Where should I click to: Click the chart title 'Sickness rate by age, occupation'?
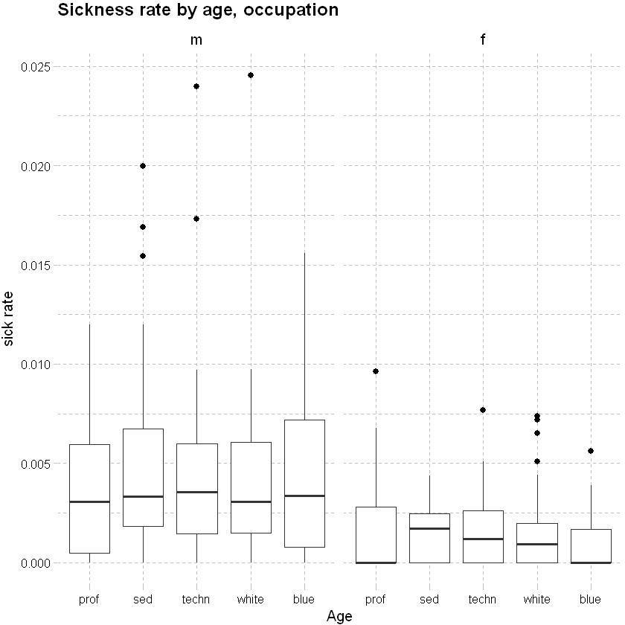coord(198,10)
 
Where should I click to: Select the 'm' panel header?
coord(196,40)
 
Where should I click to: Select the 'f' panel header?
coord(483,40)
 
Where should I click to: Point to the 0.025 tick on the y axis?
coord(37,67)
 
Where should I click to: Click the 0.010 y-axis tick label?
coord(37,365)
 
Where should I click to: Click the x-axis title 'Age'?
coord(339,616)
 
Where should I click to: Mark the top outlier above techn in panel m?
coord(196,86)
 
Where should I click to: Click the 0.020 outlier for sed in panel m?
coord(143,166)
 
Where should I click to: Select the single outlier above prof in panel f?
coord(376,371)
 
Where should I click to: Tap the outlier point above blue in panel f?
coord(591,451)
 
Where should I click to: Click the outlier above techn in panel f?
coord(483,410)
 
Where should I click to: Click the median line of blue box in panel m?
coord(304,496)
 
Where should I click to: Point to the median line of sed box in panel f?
coord(429,528)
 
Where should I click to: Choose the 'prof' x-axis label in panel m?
coord(89,599)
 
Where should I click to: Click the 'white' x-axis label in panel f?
coord(536,599)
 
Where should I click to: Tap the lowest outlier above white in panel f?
coord(536,461)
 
